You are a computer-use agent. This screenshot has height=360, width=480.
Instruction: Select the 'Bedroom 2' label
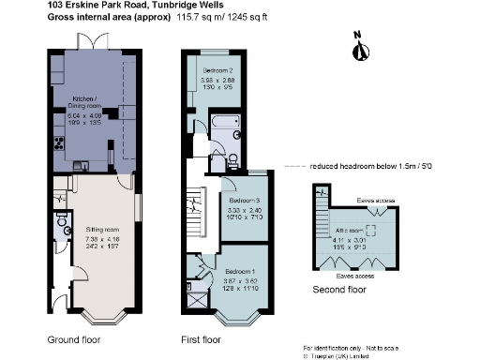pyautogui.click(x=217, y=71)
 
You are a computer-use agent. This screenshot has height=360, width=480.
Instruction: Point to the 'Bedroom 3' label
pyautogui.click(x=246, y=201)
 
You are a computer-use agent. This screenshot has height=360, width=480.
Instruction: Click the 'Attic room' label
pyautogui.click(x=351, y=230)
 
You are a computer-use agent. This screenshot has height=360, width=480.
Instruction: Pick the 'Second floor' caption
pyautogui.click(x=338, y=291)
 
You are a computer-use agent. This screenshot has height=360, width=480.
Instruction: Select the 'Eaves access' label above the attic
pyautogui.click(x=377, y=200)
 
